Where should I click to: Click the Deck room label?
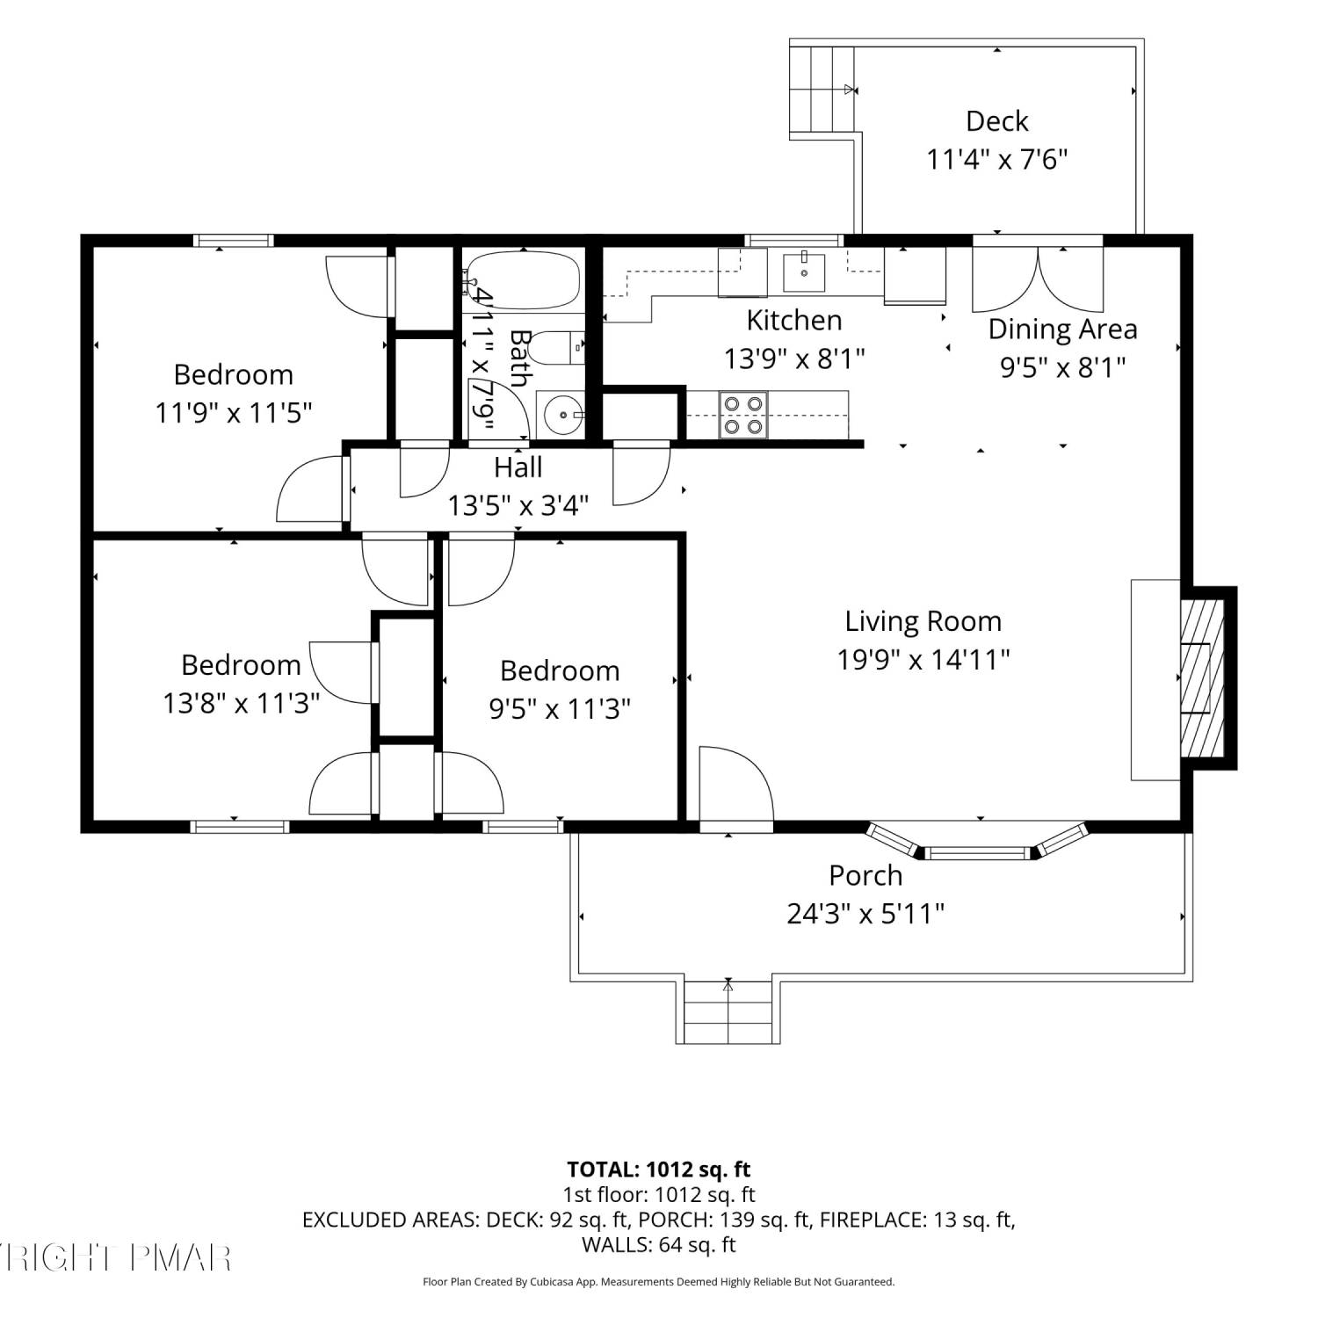click(996, 120)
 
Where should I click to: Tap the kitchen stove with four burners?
click(742, 415)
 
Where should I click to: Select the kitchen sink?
click(804, 271)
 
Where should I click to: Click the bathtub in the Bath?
click(523, 280)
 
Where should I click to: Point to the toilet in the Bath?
click(558, 348)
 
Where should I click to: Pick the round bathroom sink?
click(561, 414)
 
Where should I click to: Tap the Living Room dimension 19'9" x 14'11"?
click(923, 659)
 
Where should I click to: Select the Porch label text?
click(865, 875)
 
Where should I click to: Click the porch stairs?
click(728, 1011)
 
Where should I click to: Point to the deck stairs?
click(822, 90)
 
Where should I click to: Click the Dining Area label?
click(1062, 329)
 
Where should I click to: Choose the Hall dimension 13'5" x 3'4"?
click(518, 505)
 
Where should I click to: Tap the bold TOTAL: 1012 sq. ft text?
click(659, 1170)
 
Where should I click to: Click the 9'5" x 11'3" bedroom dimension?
click(560, 708)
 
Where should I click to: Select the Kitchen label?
click(794, 320)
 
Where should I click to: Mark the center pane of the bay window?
click(977, 852)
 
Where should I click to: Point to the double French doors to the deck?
click(1038, 277)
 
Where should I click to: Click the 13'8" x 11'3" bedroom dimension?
click(241, 703)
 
